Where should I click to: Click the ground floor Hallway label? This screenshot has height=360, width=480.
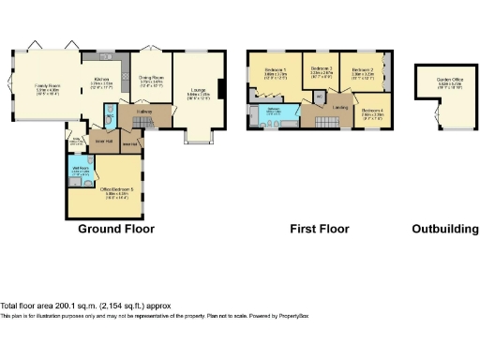[x=143, y=112]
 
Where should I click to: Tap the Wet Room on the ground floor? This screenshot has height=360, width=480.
[x=81, y=171]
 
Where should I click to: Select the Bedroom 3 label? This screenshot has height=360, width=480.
[x=322, y=70]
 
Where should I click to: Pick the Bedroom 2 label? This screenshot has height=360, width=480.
[x=364, y=71]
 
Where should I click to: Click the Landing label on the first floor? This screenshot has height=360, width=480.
[x=340, y=107]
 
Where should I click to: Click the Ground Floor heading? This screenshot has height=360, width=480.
[x=116, y=229]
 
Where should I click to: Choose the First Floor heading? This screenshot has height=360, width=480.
[x=319, y=229]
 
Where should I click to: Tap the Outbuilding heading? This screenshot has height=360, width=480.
[x=445, y=229]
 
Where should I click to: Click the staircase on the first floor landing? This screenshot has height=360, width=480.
[x=325, y=123]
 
